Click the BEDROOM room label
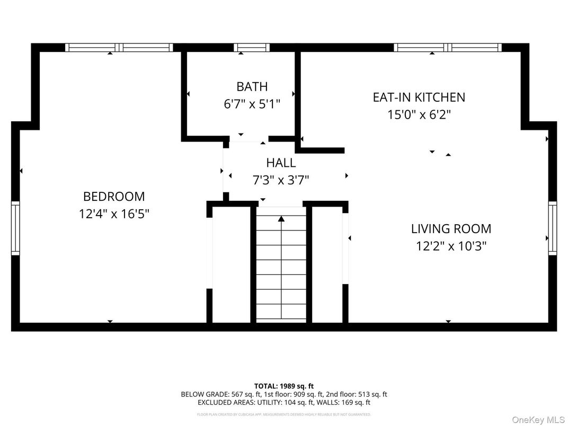(114, 197)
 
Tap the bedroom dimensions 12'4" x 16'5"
(114, 214)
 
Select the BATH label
(252, 86)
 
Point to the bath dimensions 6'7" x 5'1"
(252, 103)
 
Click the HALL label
(281, 163)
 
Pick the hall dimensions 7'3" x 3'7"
(281, 180)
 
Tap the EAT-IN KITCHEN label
(419, 97)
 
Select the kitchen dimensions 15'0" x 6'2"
(419, 114)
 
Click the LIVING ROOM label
(451, 229)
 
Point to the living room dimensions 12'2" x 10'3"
(451, 246)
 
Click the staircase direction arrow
(281, 218)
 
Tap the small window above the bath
(252, 48)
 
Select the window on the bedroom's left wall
(15, 228)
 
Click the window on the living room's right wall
(553, 228)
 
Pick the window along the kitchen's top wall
(448, 48)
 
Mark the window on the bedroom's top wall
(119, 48)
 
